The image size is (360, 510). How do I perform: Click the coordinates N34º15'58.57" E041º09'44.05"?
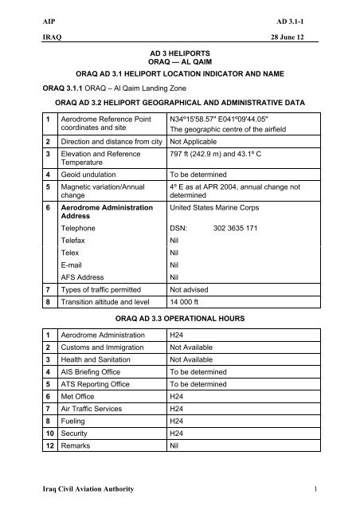225,118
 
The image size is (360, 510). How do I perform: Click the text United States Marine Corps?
219,207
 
